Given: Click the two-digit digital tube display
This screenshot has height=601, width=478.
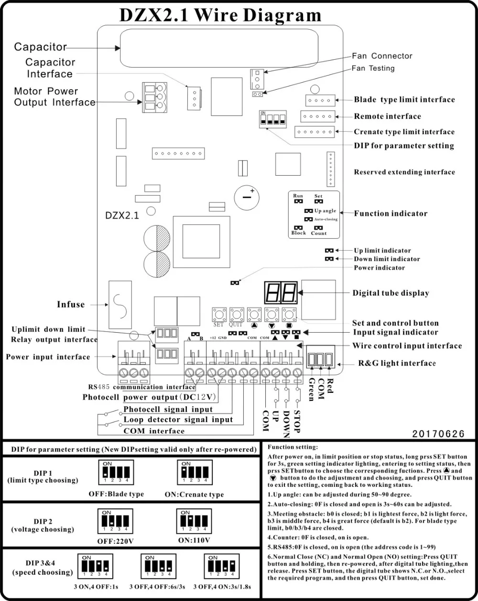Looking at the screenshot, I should tap(281, 292).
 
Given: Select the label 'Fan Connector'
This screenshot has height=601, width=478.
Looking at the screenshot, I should tap(382, 56).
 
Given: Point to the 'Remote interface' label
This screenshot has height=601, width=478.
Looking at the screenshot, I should tap(387, 116).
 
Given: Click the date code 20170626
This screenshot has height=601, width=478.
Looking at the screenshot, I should tap(439, 434).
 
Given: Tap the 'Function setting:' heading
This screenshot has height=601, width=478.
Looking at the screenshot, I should tap(292, 447).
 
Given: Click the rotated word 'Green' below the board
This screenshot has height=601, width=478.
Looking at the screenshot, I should tap(311, 389).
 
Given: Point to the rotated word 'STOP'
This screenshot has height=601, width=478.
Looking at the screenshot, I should tap(297, 422).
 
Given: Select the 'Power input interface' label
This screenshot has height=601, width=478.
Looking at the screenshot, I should tap(48, 357).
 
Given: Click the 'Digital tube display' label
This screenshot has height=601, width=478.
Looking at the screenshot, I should tap(391, 293).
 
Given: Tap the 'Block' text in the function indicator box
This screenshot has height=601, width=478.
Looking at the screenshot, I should tap(298, 233).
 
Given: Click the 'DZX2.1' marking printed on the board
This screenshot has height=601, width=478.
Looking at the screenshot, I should tap(122, 215).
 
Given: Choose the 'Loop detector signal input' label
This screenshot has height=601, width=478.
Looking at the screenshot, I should tap(178, 420).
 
